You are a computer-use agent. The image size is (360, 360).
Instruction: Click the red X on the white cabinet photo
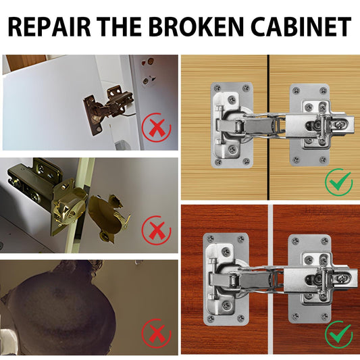pos(157,128)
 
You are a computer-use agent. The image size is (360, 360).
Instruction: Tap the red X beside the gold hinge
pos(157,230)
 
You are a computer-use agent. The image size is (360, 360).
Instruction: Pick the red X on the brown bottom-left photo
pos(157,334)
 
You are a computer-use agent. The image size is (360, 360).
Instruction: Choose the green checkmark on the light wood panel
pos(339,182)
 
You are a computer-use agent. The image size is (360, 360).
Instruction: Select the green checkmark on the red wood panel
pos(339,335)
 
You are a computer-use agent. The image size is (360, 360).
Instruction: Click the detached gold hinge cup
pos(108,217)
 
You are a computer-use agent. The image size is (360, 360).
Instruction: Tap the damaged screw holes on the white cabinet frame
pos(147,72)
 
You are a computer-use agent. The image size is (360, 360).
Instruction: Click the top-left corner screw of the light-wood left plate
pos(217,88)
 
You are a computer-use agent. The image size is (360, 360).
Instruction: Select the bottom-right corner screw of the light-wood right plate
pos(323,159)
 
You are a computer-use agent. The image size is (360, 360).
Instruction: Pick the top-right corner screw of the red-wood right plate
pos(324,241)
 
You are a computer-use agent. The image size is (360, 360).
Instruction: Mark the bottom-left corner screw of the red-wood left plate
pos(211,318)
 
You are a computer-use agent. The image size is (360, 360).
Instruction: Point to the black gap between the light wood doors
pos(268,127)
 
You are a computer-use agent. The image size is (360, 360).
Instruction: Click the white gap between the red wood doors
pos(270,280)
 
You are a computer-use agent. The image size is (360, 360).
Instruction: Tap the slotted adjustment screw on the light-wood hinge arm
pos(339,124)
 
